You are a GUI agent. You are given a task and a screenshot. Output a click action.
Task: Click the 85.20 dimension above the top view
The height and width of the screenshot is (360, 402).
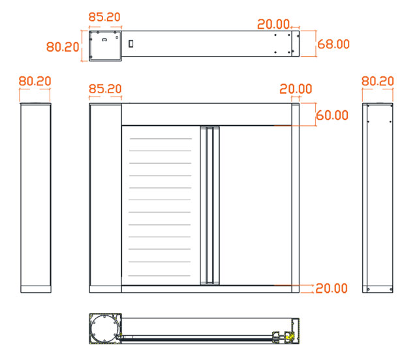(x=104, y=17)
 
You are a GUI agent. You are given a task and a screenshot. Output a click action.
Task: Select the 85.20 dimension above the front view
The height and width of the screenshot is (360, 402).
(x=105, y=89)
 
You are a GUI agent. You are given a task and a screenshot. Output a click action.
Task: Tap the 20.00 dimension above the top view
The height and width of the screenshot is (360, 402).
(x=273, y=24)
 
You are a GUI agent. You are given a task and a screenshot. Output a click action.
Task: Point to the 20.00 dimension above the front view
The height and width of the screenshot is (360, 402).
(x=296, y=89)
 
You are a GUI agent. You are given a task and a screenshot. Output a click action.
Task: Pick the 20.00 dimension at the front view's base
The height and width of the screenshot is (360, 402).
(x=332, y=288)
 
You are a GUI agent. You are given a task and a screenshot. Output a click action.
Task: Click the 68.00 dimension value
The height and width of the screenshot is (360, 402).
(x=333, y=44)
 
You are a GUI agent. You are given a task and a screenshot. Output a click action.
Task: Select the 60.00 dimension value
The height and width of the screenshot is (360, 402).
(x=332, y=115)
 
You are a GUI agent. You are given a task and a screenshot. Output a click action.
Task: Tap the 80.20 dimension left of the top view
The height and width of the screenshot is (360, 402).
(x=63, y=47)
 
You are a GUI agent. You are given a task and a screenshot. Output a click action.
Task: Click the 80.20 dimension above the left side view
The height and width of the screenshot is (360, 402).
(x=35, y=81)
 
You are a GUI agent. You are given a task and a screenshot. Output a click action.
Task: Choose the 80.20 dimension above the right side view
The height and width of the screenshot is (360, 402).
(x=377, y=81)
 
